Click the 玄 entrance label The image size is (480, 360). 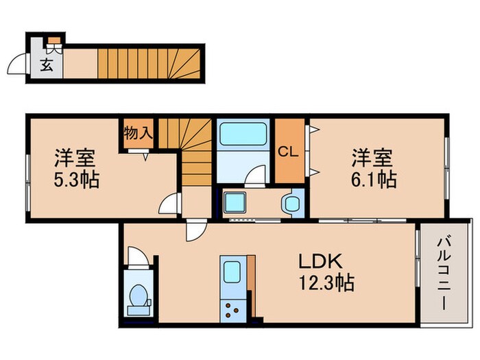click(47, 67)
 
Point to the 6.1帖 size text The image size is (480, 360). click(374, 180)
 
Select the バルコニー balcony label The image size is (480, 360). click(446, 272)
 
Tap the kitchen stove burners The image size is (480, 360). click(232, 309)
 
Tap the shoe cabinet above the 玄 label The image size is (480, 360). click(53, 48)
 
